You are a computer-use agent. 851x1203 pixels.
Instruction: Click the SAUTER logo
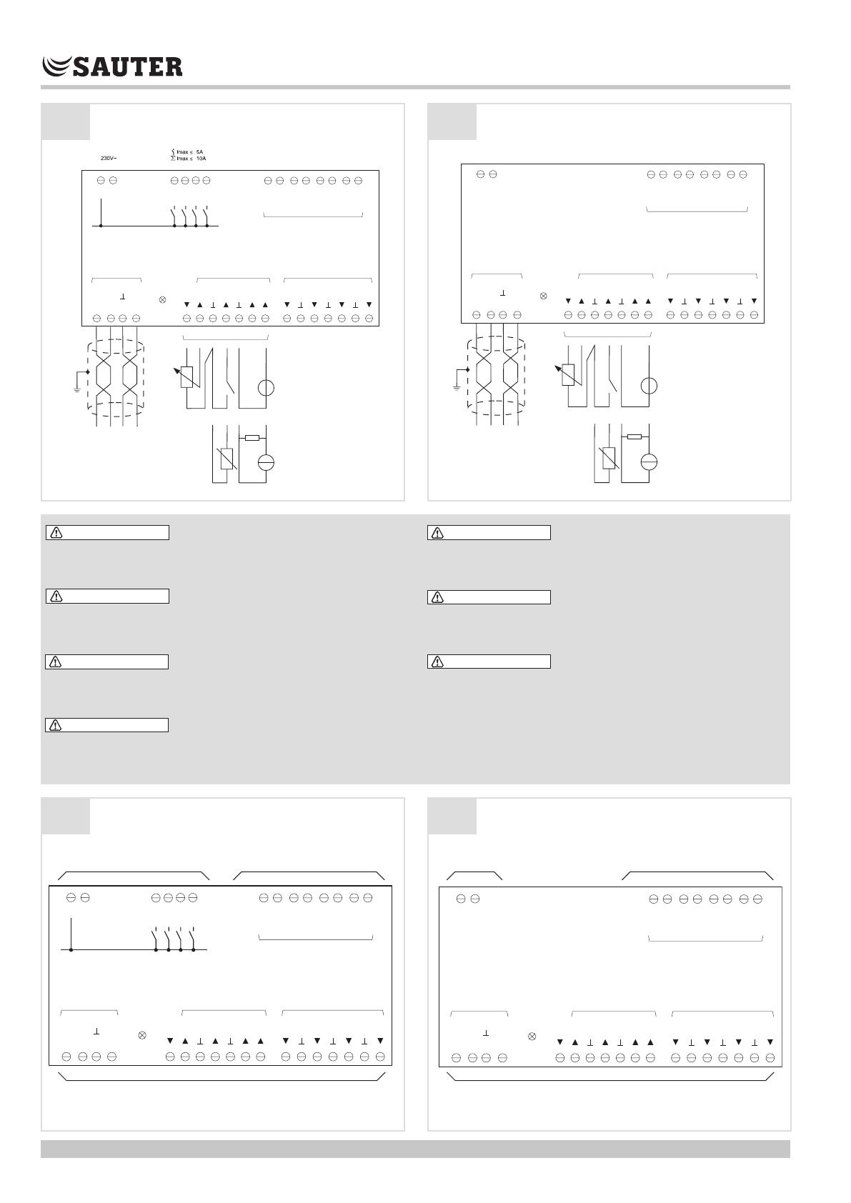[x=112, y=66]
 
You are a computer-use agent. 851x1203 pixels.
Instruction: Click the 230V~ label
[x=109, y=159]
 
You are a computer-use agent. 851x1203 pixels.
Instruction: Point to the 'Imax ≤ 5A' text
[x=189, y=152]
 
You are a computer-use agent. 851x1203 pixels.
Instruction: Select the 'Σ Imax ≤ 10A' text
[x=188, y=159]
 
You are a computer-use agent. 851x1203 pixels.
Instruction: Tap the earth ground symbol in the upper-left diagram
[x=77, y=389]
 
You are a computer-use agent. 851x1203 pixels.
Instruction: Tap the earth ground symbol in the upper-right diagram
[x=457, y=387]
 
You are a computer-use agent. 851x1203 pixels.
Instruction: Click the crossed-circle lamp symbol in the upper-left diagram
[x=162, y=299]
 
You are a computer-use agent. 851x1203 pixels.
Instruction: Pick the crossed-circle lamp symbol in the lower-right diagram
[x=532, y=1037]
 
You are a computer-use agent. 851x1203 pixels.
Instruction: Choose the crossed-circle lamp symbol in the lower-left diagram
[x=141, y=1035]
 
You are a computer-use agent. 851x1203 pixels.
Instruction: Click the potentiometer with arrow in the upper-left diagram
[x=186, y=376]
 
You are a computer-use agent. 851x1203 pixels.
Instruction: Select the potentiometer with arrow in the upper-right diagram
[x=568, y=375]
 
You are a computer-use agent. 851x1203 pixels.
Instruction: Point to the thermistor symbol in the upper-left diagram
[x=227, y=458]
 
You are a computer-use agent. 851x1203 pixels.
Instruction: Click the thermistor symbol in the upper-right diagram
[x=609, y=458]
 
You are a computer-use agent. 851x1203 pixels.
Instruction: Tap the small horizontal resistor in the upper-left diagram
[x=252, y=438]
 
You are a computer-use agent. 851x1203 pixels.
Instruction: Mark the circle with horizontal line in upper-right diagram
[x=649, y=462]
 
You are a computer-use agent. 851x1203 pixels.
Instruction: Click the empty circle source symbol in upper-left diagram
[x=266, y=388]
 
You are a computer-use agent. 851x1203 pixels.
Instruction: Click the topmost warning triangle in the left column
[x=56, y=533]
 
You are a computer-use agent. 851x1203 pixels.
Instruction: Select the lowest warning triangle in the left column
[x=55, y=726]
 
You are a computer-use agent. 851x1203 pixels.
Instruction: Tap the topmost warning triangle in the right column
[x=437, y=533]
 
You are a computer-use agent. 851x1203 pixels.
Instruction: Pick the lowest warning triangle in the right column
[x=437, y=662]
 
